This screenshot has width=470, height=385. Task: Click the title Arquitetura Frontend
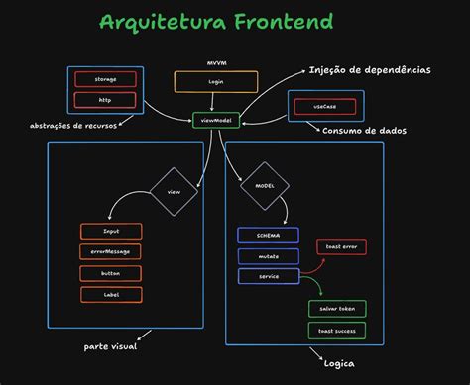[217, 22]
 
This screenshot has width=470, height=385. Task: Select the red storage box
[104, 78]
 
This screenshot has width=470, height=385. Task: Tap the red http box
[104, 98]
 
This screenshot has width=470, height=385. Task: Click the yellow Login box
[216, 82]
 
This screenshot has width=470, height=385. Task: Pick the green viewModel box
[216, 120]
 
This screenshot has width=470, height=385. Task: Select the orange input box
[111, 231]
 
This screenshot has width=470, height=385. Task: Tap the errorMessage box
[111, 251]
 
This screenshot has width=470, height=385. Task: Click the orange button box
[111, 273]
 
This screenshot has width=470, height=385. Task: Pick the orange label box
[111, 294]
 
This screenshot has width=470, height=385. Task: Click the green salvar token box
[336, 309]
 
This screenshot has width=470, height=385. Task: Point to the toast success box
[336, 330]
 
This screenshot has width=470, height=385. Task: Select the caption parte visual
[110, 347]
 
